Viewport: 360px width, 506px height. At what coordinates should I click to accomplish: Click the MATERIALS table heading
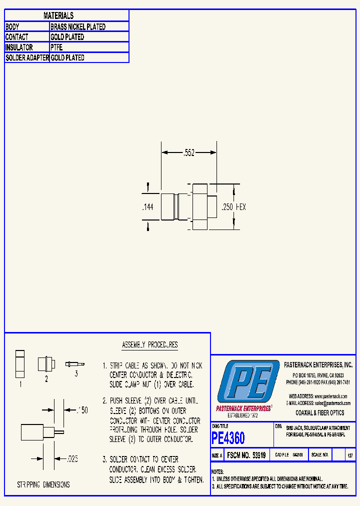coord(58,16)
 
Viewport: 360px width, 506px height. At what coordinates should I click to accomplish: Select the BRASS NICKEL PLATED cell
coord(78,27)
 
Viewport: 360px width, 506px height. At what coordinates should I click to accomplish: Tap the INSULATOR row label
coord(19,47)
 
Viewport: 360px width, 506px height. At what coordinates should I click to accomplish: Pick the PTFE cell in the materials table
coord(56,47)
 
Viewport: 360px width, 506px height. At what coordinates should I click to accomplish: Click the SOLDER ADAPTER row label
coord(27,58)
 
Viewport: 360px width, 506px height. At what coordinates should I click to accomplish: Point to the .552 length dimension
coord(187,152)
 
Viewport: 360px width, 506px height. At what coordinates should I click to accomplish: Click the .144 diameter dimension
coord(147,207)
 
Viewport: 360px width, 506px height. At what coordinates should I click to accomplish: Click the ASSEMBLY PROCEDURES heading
coord(149,345)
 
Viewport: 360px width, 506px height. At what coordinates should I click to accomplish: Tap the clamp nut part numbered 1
coord(20,363)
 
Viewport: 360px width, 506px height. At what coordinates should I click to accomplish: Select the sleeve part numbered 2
coord(43,363)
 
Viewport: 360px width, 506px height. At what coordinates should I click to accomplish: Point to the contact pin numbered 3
coord(74,364)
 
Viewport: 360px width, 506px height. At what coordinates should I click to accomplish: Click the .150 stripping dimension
coord(81,410)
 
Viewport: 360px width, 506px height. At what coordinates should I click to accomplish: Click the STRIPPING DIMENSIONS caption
coord(43,484)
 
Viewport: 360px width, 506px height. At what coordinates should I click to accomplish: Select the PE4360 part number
coord(228,438)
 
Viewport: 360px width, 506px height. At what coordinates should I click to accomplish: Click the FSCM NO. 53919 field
coord(246,455)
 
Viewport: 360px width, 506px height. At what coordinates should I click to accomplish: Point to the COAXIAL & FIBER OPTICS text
coord(320,413)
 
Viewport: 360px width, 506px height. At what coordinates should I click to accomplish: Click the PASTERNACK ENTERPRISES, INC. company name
coord(318,365)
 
